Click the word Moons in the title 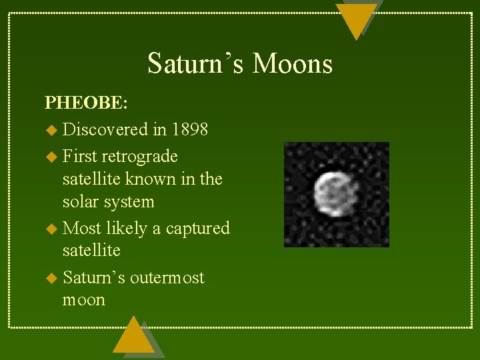coord(293,64)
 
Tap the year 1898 coord(189,129)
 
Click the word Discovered coord(105,129)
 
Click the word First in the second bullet coord(79,156)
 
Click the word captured coord(197,229)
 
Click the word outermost coord(167,277)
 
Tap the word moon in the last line coord(84,300)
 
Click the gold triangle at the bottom coord(133,337)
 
